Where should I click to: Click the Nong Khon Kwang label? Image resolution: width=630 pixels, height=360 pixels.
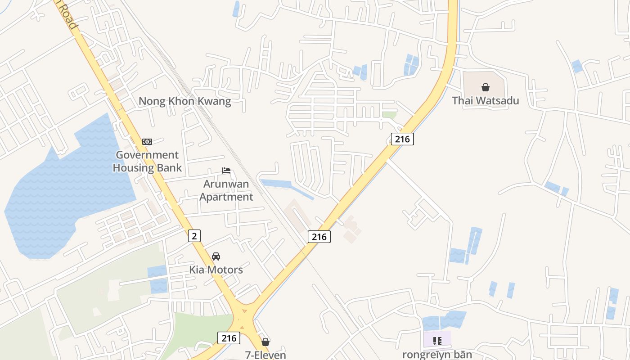pyautogui.click(x=184, y=101)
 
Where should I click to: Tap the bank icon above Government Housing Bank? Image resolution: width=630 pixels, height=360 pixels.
pyautogui.click(x=147, y=142)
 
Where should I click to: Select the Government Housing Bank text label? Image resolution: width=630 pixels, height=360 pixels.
pyautogui.click(x=147, y=162)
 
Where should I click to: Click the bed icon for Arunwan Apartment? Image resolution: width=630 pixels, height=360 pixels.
pyautogui.click(x=226, y=171)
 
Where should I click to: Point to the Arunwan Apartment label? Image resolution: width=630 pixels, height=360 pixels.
pyautogui.click(x=226, y=190)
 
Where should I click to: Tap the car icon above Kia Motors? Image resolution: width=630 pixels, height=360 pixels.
pyautogui.click(x=216, y=256)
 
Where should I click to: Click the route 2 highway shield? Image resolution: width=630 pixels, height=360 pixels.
pyautogui.click(x=194, y=235)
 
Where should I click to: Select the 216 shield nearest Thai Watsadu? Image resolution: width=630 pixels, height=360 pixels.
pyautogui.click(x=402, y=139)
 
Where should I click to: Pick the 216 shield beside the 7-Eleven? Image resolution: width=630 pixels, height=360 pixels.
pyautogui.click(x=229, y=338)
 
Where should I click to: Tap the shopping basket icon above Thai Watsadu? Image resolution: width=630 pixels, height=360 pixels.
pyautogui.click(x=486, y=87)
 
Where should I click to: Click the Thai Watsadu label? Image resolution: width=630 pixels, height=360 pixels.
pyautogui.click(x=486, y=101)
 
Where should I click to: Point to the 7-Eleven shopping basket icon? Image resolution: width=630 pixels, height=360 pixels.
pyautogui.click(x=265, y=342)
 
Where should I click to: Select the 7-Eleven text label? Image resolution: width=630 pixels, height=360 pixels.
pyautogui.click(x=265, y=355)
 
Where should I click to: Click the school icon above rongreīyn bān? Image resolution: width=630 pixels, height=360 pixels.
pyautogui.click(x=437, y=341)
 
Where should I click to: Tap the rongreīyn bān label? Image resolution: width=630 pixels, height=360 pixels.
pyautogui.click(x=437, y=355)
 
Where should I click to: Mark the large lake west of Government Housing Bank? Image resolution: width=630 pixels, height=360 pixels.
pyautogui.click(x=67, y=189)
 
